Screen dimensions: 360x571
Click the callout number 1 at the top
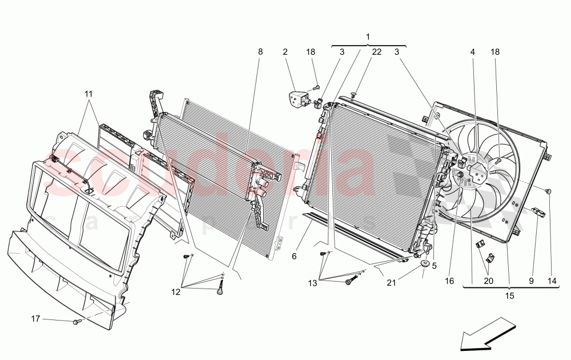coord(368,37)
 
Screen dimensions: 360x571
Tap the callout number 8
coord(260,52)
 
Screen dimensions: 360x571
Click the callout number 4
coord(473,52)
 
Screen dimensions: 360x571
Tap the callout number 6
coord(295,257)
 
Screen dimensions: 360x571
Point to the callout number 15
coord(509,296)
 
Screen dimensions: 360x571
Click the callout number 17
coord(35,319)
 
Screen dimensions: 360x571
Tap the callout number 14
coord(551,281)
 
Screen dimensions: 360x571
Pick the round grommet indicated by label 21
coord(426,264)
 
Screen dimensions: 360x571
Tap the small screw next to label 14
coord(549,191)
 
